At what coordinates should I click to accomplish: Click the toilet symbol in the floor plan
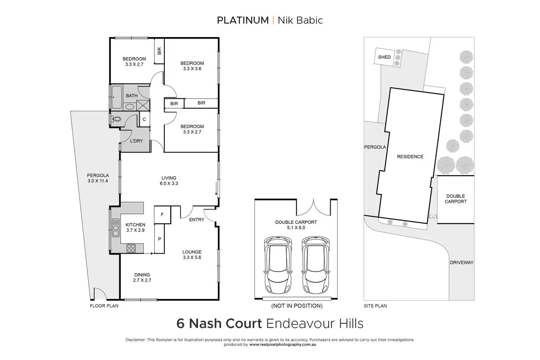tap(116, 119)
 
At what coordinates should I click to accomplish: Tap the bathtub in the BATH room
tap(117, 97)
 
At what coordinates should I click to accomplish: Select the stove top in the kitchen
tap(131, 248)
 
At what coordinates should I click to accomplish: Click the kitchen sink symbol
tap(116, 228)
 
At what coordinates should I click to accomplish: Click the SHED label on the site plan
tap(384, 57)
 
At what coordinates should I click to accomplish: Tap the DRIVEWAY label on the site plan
tap(461, 263)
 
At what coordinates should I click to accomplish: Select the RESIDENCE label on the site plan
tap(410, 157)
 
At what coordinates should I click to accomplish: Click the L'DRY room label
tap(136, 141)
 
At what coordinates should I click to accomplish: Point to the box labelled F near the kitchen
tap(162, 215)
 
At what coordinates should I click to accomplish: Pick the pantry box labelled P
tap(159, 239)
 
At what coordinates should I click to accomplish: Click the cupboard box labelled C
tap(144, 120)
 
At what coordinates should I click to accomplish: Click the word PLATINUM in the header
tap(242, 20)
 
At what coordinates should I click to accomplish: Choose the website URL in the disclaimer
tap(282, 345)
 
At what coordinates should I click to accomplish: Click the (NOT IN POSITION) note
tap(296, 306)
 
